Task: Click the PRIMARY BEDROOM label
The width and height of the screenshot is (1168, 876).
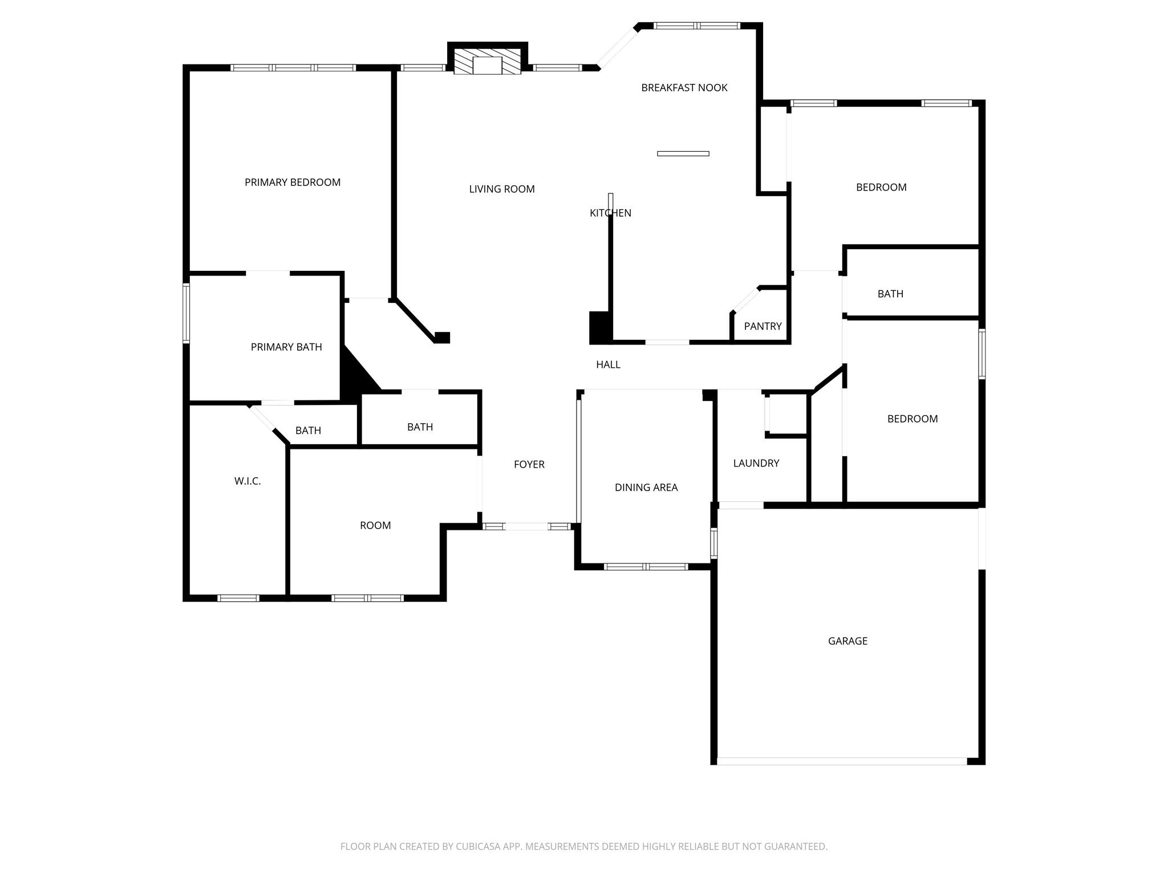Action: coord(292,182)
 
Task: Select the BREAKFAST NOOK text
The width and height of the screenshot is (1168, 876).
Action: coord(684,88)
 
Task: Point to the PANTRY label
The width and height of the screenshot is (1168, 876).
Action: coord(763,326)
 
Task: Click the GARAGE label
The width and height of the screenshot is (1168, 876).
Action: coord(847,641)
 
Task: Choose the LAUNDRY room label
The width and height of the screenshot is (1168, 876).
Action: coord(756,463)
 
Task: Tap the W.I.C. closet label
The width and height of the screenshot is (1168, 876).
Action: coord(248,481)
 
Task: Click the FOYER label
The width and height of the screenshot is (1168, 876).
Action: coord(529,464)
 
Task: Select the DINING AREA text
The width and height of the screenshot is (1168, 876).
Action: coord(646,488)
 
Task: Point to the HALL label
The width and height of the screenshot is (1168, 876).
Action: coord(608,364)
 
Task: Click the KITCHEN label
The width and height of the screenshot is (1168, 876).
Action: coord(610,213)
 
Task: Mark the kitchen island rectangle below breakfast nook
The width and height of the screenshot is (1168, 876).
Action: coord(683,153)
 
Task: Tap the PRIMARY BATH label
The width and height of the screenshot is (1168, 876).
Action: coord(286,347)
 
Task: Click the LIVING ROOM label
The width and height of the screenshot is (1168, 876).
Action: coord(502,189)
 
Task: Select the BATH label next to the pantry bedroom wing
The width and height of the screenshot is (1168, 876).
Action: coord(890,294)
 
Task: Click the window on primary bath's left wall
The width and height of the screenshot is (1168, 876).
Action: coord(186,313)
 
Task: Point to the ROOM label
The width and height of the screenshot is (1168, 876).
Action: coord(375,526)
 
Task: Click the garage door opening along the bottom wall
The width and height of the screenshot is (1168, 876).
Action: coord(841,761)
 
